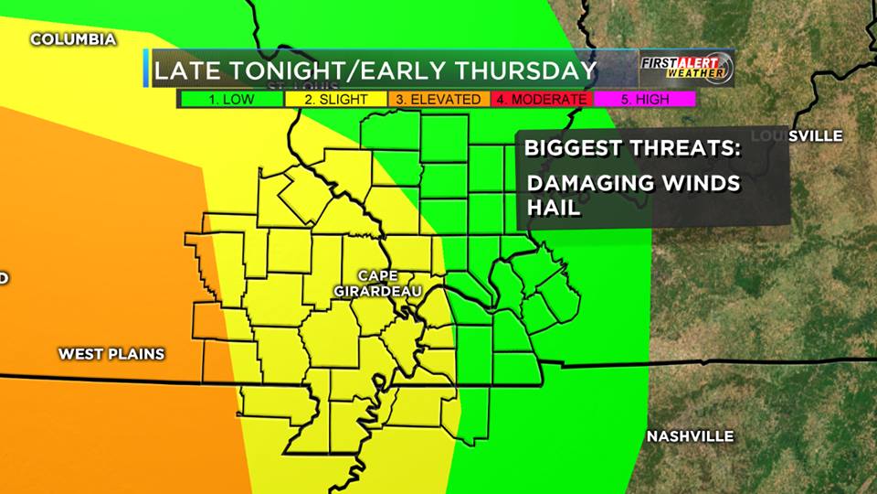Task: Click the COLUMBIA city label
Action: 73,39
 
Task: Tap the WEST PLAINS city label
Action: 111,354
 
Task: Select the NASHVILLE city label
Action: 690,436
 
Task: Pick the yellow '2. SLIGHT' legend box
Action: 336,99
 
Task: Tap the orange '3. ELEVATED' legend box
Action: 439,99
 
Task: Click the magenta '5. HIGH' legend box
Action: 644,99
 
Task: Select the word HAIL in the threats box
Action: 555,208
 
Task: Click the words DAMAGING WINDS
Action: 634,183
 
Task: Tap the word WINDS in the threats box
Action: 705,183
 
